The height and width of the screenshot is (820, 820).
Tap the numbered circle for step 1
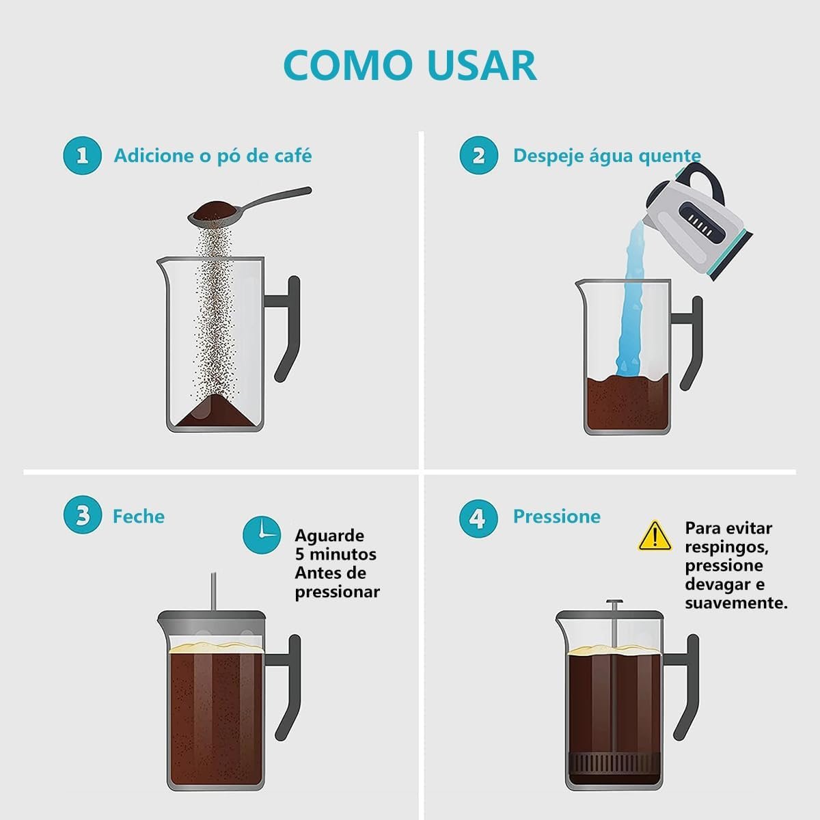coord(82,155)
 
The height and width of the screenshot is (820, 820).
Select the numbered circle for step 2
coord(478,155)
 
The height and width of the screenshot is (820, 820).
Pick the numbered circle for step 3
coord(82,515)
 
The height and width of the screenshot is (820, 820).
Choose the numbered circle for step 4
coord(478,519)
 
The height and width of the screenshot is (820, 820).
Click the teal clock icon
coord(262,535)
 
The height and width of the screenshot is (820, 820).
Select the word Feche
coord(139,517)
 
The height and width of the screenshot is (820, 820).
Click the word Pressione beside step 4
coord(557,517)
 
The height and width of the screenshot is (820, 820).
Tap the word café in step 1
coord(292,156)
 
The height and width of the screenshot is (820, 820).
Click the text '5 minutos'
coord(336,554)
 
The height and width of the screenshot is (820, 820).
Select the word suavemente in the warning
coord(736,603)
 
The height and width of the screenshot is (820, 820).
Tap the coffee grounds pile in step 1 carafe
coord(215,411)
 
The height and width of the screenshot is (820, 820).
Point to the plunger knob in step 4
coord(614,601)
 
